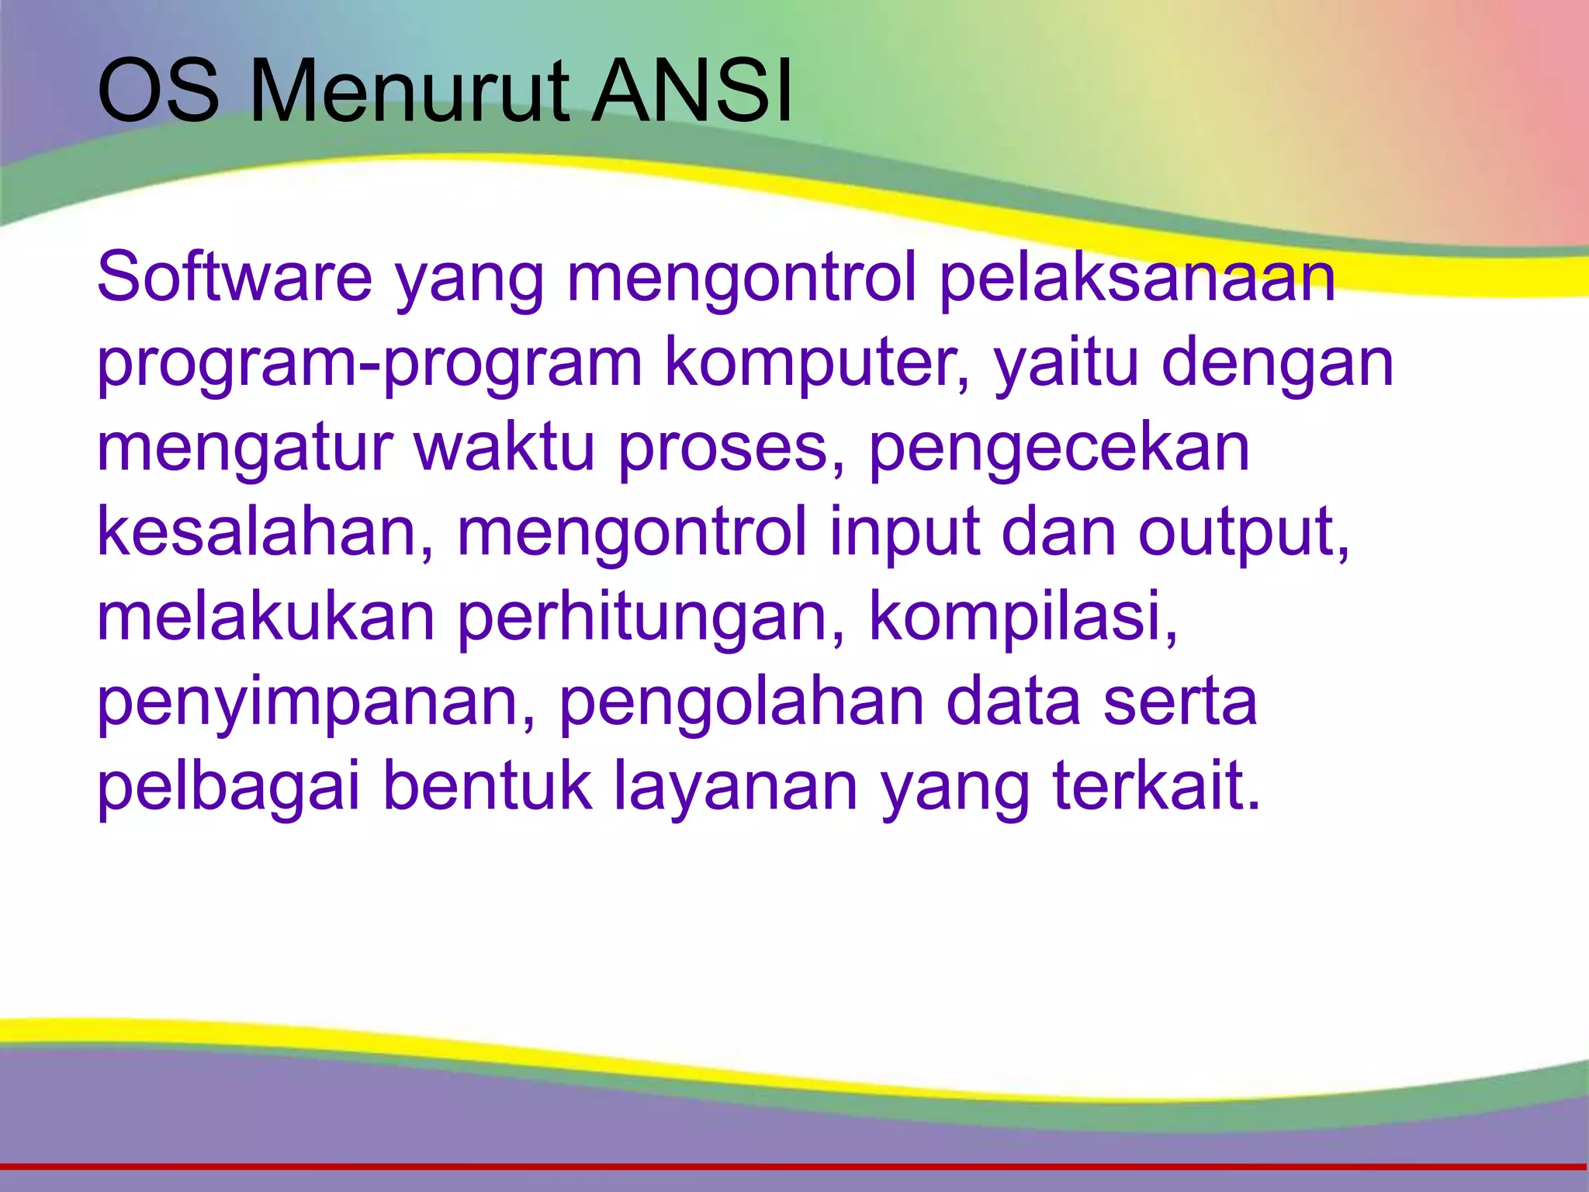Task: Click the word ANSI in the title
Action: [x=691, y=92]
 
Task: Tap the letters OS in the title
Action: [x=158, y=92]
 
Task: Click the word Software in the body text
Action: [x=234, y=278]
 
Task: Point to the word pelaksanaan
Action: [x=1137, y=278]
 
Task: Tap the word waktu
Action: [x=504, y=449]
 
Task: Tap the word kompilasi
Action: [x=1023, y=618]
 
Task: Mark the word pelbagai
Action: [x=229, y=788]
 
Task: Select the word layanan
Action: [x=736, y=788]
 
